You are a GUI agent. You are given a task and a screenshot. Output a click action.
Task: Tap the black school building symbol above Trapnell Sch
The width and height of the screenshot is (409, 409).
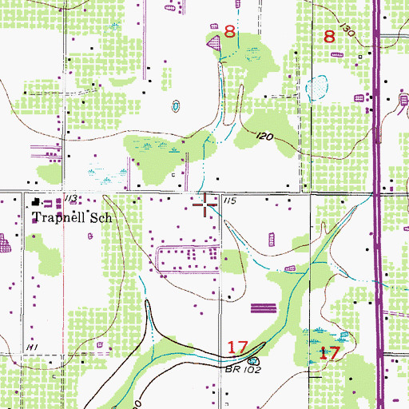coord(37,201)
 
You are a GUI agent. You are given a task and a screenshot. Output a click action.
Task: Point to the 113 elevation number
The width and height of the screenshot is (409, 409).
coord(70,198)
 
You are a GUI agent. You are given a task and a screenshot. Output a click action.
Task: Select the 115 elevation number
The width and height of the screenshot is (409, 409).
coord(231,198)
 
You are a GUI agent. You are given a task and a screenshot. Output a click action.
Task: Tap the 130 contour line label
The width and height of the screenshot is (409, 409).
coord(347,30)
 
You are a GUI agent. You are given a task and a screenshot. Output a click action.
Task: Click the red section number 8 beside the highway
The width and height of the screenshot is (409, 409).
coord(329,36)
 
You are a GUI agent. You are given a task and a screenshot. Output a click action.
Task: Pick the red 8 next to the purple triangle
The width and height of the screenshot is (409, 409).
coord(230,32)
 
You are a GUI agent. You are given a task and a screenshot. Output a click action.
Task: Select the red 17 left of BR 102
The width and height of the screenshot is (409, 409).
coord(236,347)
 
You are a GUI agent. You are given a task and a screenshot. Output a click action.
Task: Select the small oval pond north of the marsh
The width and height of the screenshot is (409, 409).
coord(175,105)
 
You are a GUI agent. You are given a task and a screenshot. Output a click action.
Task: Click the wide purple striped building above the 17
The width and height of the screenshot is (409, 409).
coord(262,308)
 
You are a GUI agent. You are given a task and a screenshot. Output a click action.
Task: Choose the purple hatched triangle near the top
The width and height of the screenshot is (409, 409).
coord(213,43)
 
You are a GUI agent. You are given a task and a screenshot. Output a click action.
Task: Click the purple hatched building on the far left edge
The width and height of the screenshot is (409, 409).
coord(2,240)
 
